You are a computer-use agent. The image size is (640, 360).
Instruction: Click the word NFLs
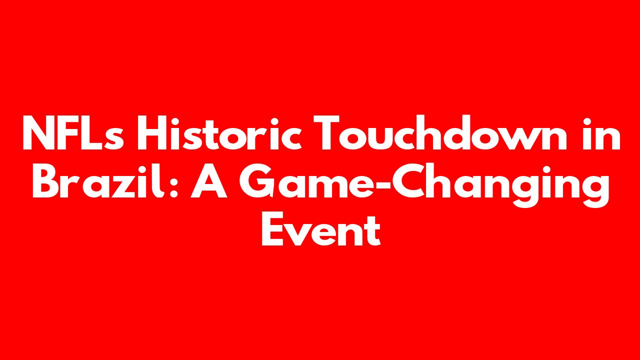click(x=73, y=132)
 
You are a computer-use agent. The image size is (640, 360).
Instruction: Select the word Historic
click(x=219, y=132)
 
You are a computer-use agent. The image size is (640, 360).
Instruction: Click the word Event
click(x=321, y=228)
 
